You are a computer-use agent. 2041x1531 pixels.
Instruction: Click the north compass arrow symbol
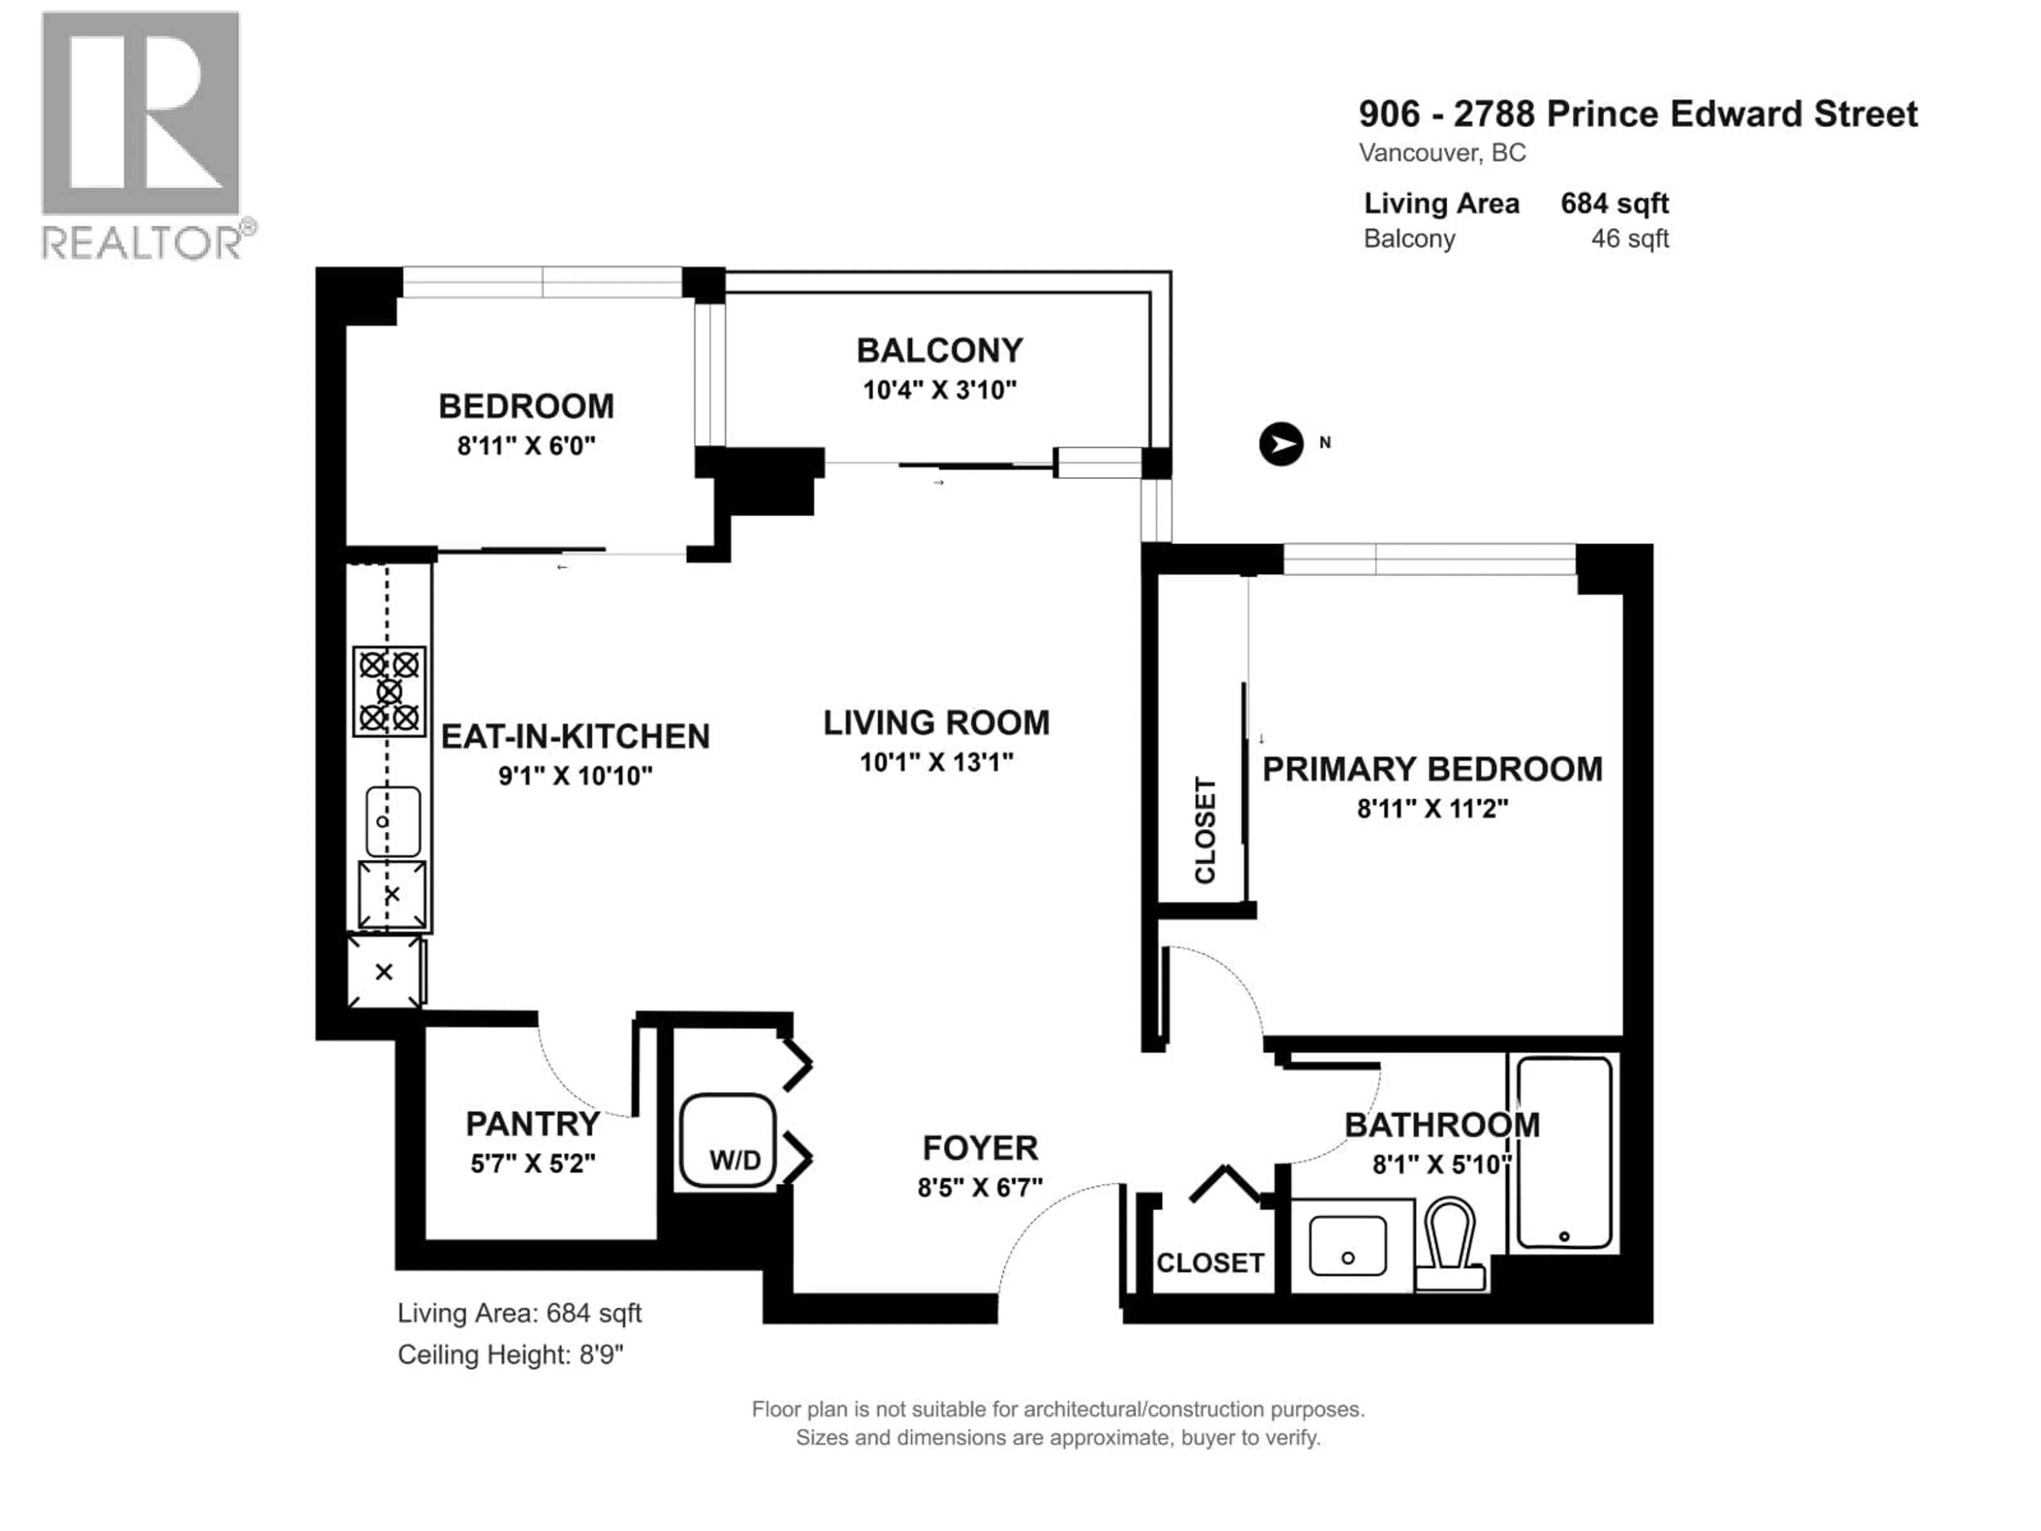point(1281,444)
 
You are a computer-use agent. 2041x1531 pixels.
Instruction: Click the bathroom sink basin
point(1347,1246)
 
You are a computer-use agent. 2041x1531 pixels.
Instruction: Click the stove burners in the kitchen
point(390,691)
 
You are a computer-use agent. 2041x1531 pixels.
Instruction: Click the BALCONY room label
point(939,351)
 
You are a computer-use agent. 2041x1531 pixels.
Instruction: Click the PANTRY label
point(533,1124)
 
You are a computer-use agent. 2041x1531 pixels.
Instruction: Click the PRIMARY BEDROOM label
point(1431,769)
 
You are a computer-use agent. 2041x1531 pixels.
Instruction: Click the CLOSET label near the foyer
point(1210,1263)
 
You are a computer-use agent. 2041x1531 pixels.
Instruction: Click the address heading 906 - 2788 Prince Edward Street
point(1638,114)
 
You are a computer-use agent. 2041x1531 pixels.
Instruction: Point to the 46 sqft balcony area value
point(1630,239)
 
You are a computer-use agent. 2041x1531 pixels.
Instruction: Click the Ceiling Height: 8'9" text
point(510,1355)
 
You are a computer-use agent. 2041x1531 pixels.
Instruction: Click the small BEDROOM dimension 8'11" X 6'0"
point(526,445)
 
